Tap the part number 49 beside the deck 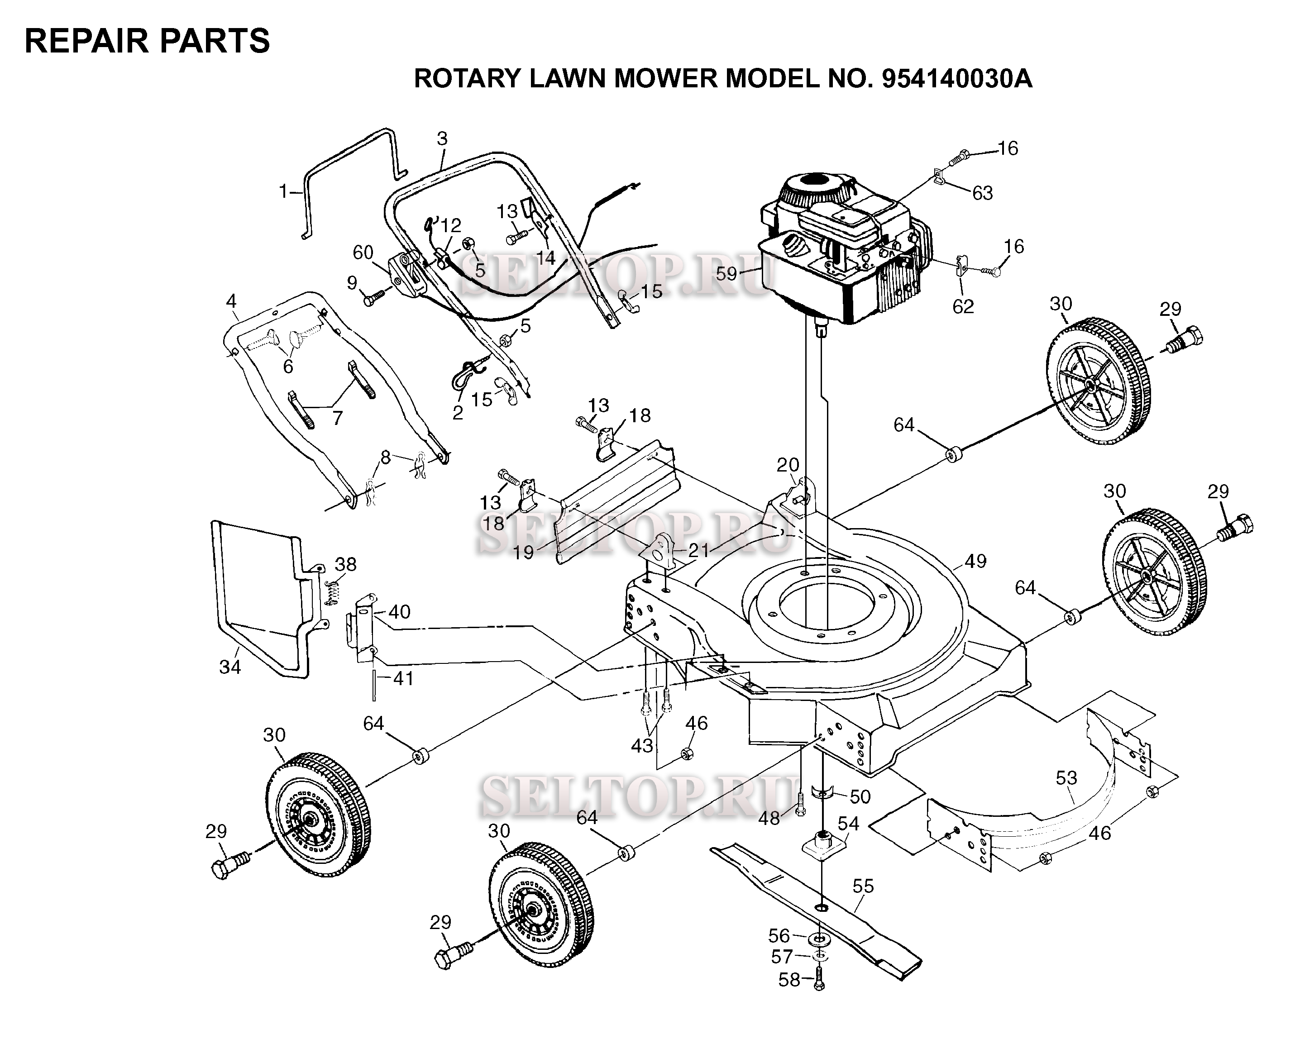[975, 561]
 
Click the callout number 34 [230, 667]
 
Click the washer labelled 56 [821, 938]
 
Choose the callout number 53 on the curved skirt [1067, 778]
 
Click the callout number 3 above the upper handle [442, 139]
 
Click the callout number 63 [983, 193]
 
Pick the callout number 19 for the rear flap [524, 553]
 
